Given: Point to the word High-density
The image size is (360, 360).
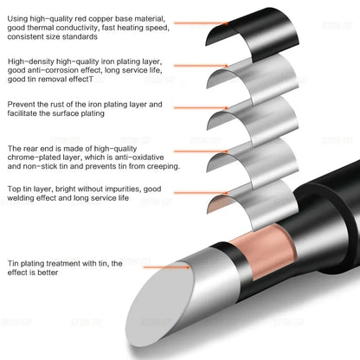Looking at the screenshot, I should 29,62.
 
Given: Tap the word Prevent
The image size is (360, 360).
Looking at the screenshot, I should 22,104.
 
